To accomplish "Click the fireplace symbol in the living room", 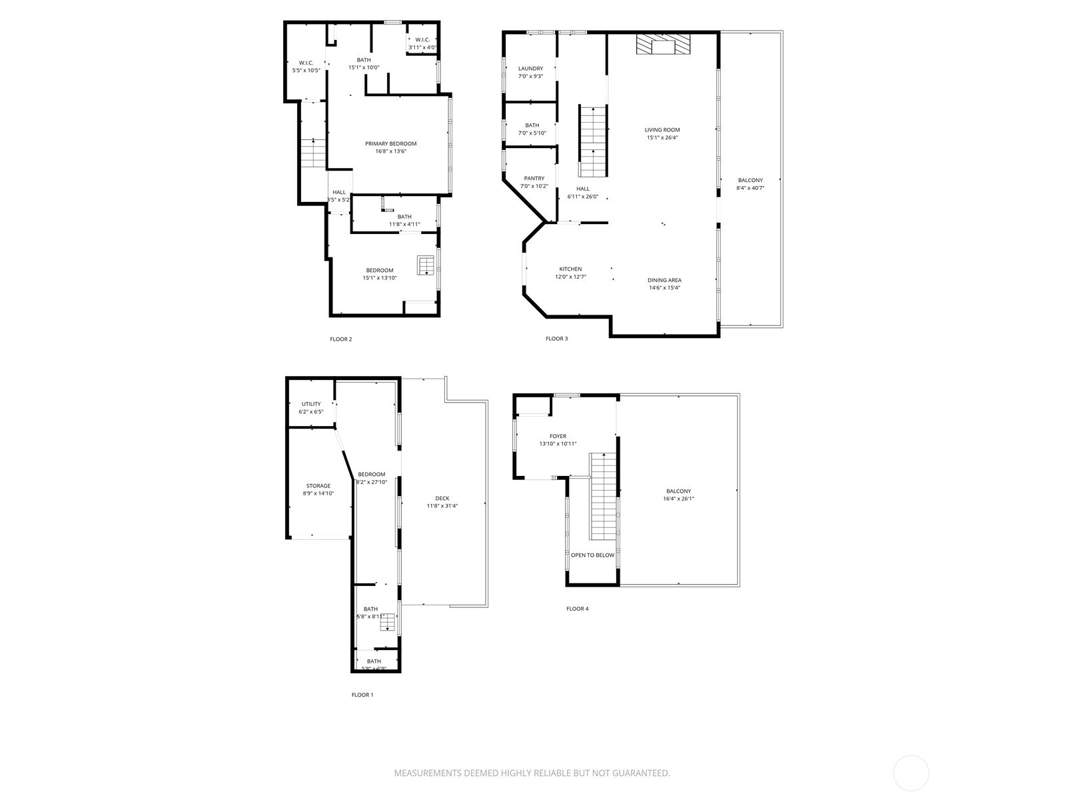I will tap(663, 45).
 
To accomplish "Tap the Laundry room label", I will tap(530, 69).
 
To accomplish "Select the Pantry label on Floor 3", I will tap(534, 179).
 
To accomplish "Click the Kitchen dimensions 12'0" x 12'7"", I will tap(570, 277).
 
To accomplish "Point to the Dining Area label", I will tap(664, 280).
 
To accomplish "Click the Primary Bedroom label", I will tap(390, 144).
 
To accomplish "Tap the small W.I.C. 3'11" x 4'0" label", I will tap(422, 43).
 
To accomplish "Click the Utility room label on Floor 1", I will tap(311, 404).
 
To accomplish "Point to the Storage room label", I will tap(318, 486).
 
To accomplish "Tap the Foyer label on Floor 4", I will tap(558, 437).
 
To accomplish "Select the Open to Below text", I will tap(592, 555).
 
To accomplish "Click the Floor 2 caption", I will tap(340, 339).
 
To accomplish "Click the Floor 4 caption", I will tap(577, 609).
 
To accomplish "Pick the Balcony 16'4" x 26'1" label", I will tap(678, 495).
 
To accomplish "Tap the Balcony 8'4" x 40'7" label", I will tap(750, 184).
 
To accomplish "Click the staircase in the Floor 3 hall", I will tap(593, 141).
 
